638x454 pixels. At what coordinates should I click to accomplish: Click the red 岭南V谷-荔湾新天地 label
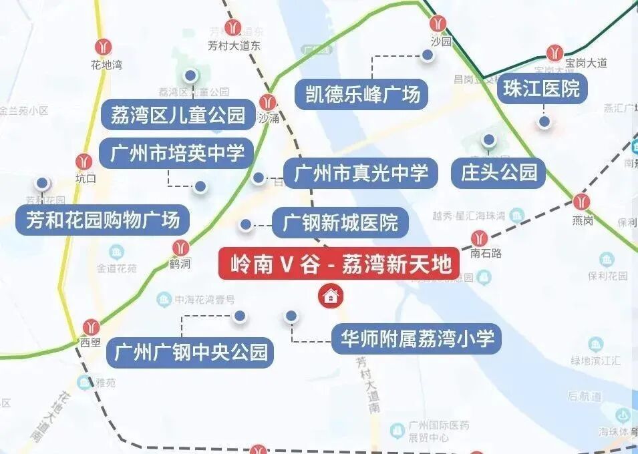[x=339, y=264]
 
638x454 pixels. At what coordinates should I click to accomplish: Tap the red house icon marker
[x=329, y=294]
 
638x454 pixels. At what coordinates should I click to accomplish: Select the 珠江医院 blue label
[x=542, y=89]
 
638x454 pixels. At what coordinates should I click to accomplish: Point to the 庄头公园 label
[x=498, y=172]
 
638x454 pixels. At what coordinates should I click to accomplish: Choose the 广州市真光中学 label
[x=360, y=174]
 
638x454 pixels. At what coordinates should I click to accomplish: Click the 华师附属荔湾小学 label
[x=417, y=339]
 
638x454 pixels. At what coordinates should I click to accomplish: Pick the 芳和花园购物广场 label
[x=102, y=219]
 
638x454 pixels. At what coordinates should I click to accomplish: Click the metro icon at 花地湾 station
[x=103, y=47]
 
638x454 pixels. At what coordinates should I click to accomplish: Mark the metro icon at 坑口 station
[x=84, y=162]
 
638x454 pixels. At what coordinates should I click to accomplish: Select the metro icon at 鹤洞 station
[x=180, y=248]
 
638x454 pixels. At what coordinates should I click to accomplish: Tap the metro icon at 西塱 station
[x=91, y=327]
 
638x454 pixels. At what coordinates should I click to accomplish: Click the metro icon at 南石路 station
[x=479, y=237]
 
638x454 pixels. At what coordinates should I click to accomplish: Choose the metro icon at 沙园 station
[x=439, y=24]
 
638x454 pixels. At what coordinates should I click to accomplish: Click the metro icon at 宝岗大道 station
[x=554, y=52]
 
